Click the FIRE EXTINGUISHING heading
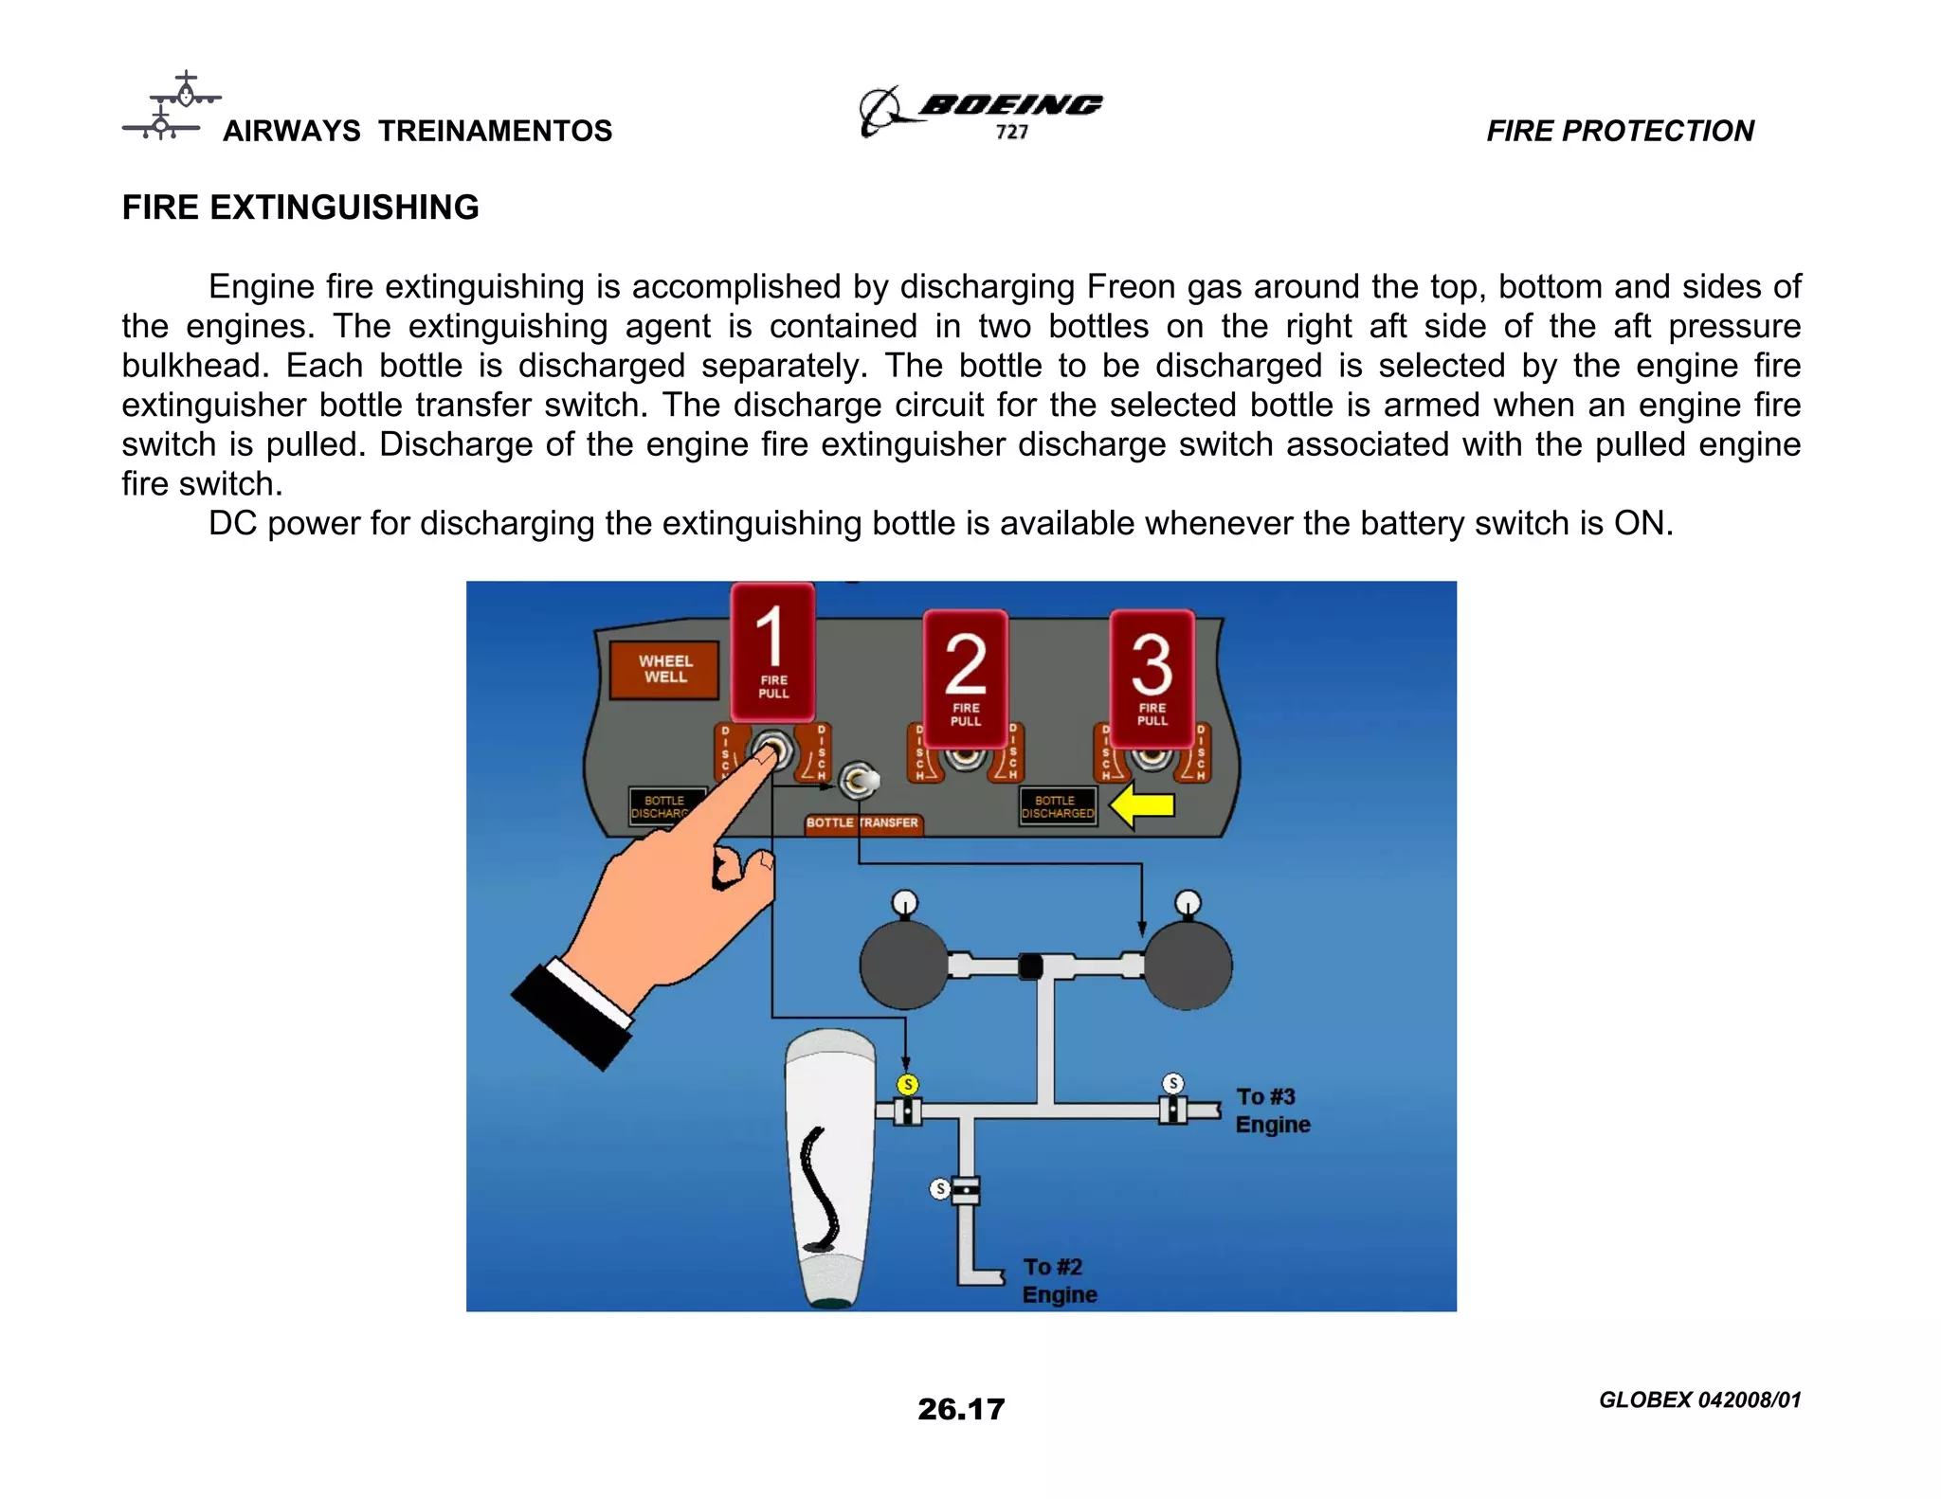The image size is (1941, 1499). [300, 208]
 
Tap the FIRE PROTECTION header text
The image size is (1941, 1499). [1620, 131]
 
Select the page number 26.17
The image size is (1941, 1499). [960, 1409]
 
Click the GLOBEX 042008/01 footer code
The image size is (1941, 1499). [1699, 1400]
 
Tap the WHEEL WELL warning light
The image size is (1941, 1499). [664, 669]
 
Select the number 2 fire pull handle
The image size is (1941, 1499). [965, 677]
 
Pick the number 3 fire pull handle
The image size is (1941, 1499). [1152, 677]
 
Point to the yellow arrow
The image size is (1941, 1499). [1143, 806]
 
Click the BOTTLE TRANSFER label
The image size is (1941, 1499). [862, 822]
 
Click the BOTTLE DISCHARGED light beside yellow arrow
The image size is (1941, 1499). [1058, 807]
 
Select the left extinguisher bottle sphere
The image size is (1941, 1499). [903, 965]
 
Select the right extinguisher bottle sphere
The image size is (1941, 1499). [1188, 965]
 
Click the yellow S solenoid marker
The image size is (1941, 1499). [908, 1084]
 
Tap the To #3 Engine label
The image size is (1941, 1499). [1272, 1111]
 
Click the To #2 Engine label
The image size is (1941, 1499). [1059, 1281]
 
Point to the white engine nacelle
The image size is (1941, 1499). [831, 1165]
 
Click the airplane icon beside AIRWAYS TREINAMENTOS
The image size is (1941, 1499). [172, 106]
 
